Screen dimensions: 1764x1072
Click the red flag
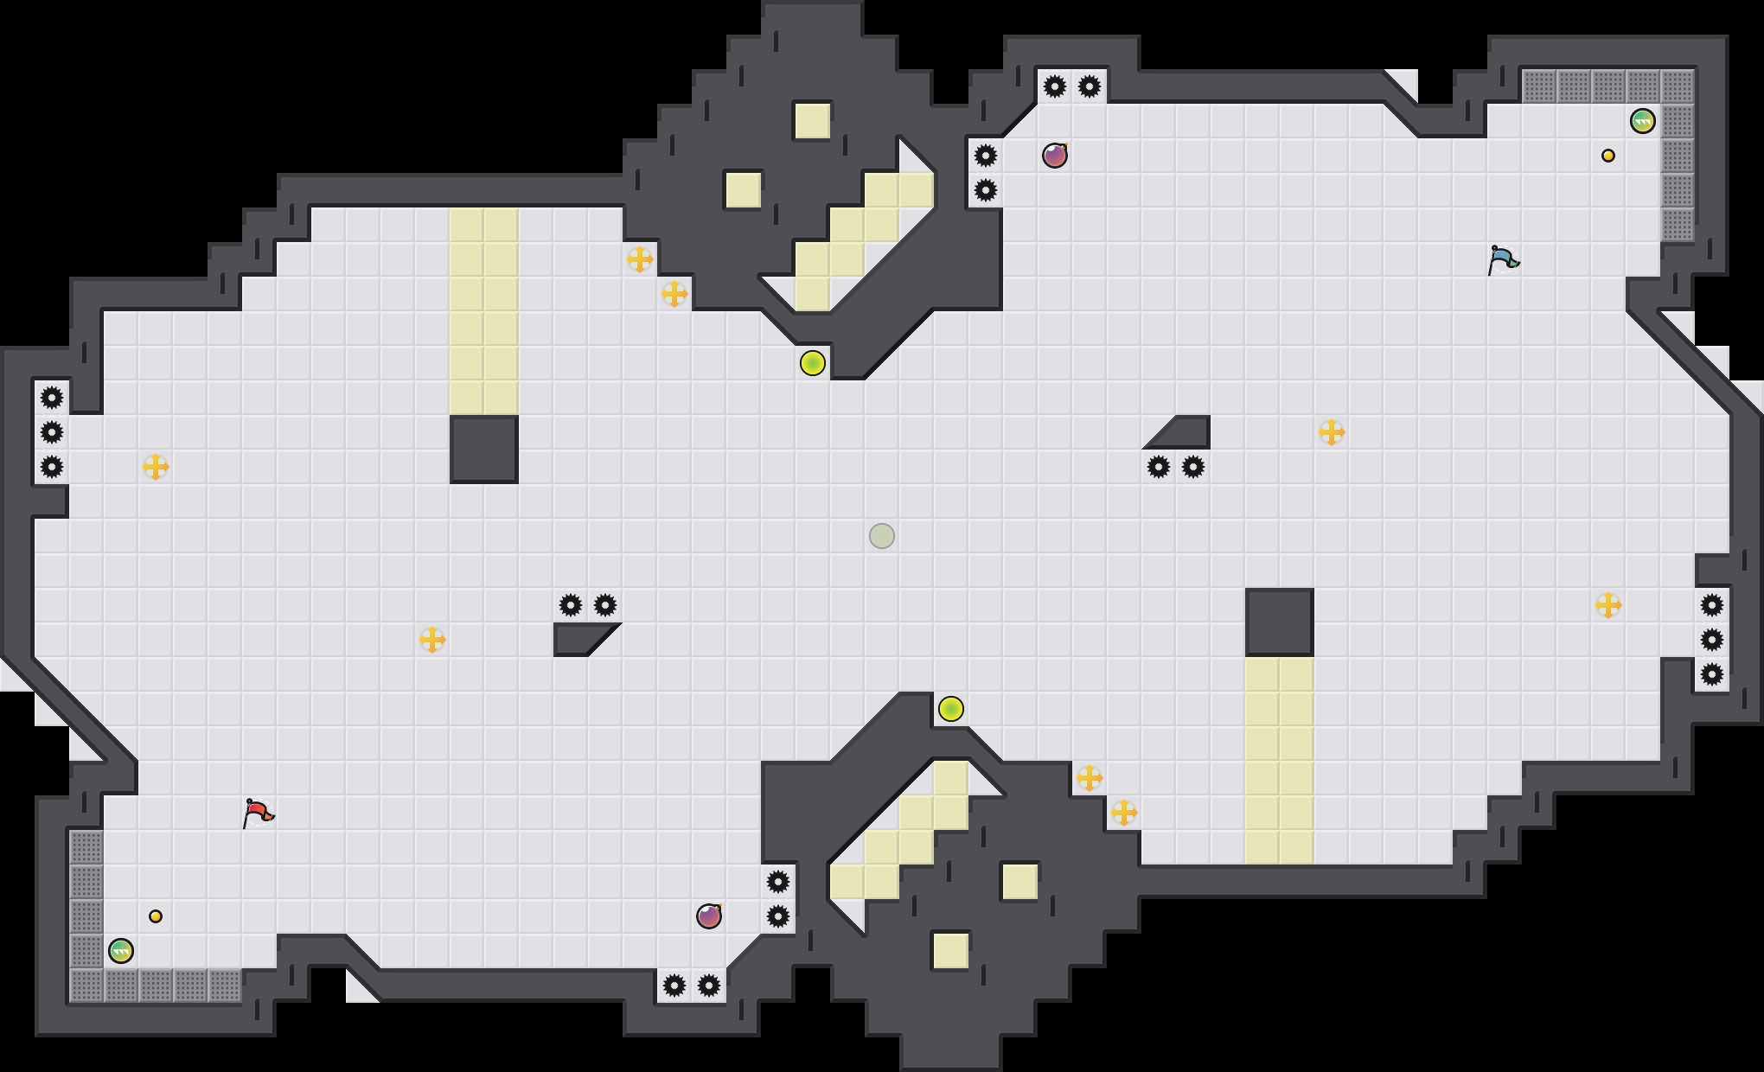click(x=258, y=813)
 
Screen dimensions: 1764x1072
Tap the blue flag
click(x=1503, y=259)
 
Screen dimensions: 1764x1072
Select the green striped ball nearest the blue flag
click(x=1643, y=121)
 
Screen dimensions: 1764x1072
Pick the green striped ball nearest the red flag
click(x=121, y=951)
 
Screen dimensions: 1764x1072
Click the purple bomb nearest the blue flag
click(x=1055, y=156)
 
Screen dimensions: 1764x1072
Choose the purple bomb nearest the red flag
click(x=709, y=916)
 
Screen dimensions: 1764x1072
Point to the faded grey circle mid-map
click(x=882, y=536)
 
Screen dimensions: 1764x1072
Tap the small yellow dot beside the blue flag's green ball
click(x=1608, y=156)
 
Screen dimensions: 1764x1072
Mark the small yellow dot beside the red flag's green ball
click(x=156, y=916)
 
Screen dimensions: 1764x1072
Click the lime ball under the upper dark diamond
click(x=813, y=363)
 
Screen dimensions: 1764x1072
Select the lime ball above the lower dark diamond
click(x=951, y=709)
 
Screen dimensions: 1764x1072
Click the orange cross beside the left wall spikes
click(x=156, y=467)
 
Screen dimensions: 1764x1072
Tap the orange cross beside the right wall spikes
click(x=1608, y=605)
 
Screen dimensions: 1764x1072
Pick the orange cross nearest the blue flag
click(x=1332, y=432)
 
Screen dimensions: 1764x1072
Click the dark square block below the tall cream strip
click(x=484, y=450)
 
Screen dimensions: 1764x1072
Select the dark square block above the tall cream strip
click(x=1280, y=622)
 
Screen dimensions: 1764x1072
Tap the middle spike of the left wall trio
click(x=52, y=432)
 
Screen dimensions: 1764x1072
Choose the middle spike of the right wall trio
click(x=1712, y=640)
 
